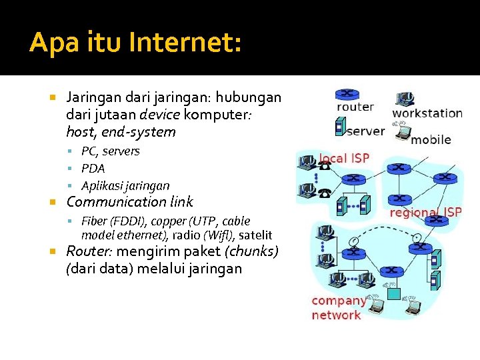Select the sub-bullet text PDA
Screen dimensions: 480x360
[93, 169]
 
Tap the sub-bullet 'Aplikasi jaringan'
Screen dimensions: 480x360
[125, 186]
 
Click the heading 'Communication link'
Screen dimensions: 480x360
[129, 202]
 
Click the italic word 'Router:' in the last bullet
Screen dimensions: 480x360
[88, 252]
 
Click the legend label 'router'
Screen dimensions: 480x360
[355, 107]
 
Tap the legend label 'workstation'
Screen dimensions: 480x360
[427, 113]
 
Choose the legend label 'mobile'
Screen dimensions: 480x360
[431, 139]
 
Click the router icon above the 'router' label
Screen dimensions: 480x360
[346, 94]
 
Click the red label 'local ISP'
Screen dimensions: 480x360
[344, 159]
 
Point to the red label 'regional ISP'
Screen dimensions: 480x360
[425, 213]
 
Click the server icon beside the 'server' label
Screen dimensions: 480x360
[339, 126]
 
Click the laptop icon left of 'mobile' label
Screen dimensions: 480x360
[401, 133]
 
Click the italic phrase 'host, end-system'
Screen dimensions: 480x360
[121, 132]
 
